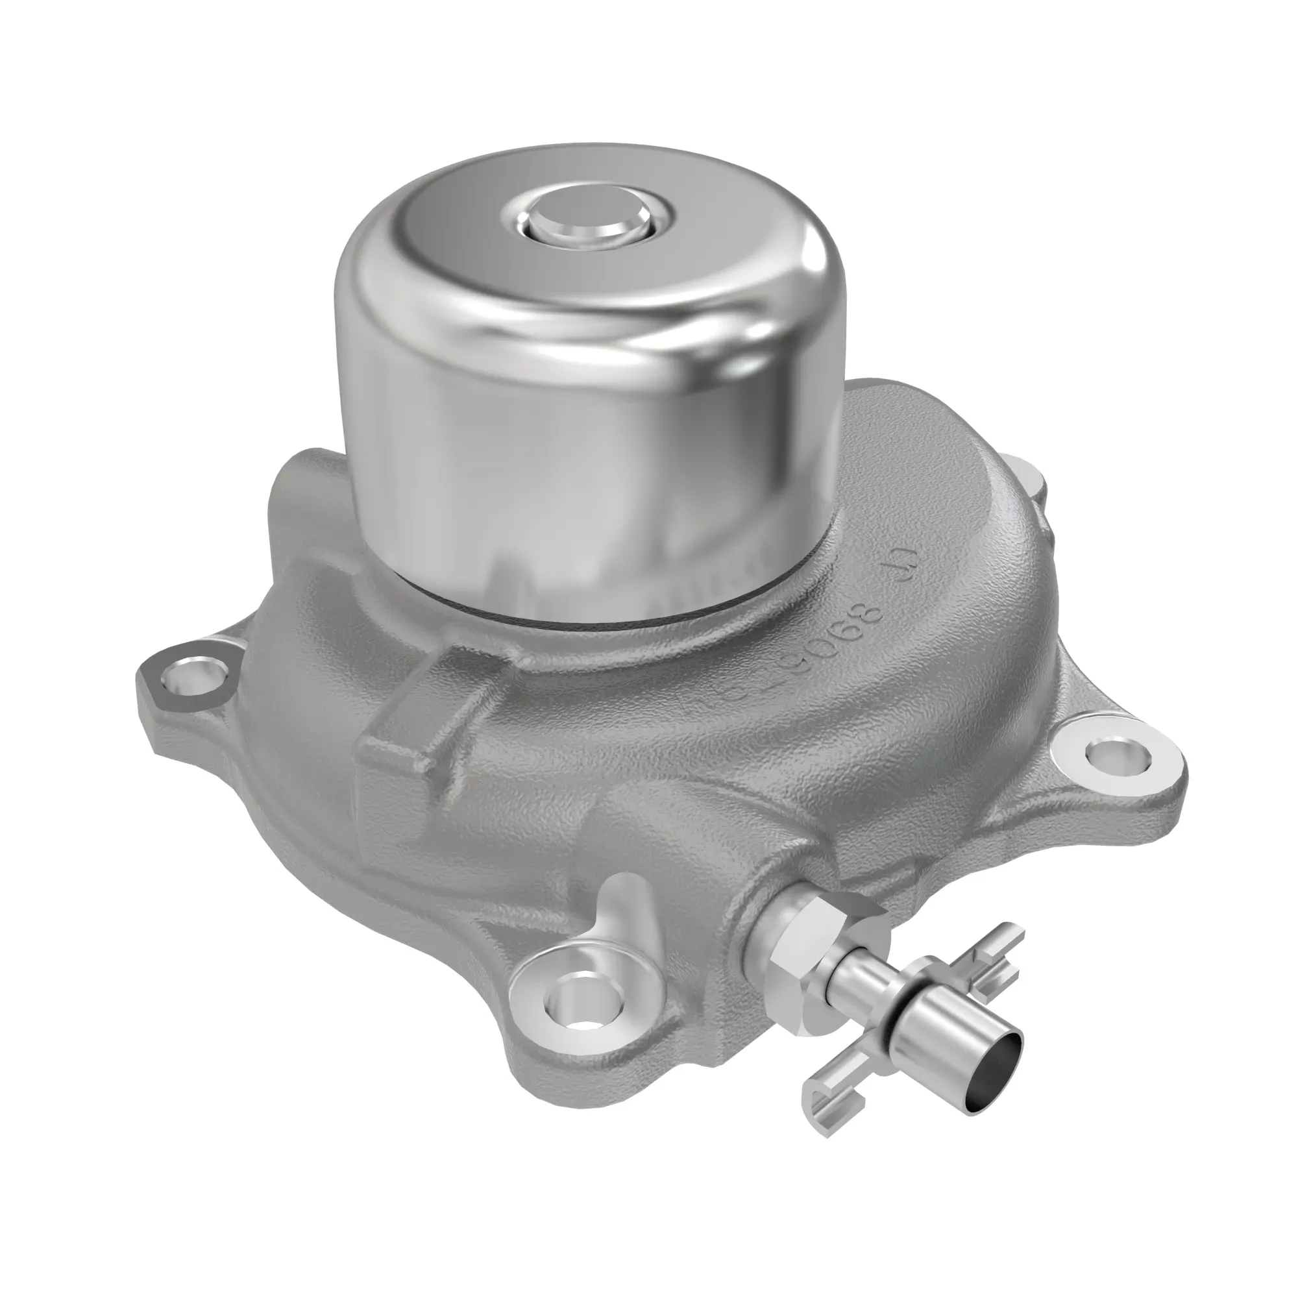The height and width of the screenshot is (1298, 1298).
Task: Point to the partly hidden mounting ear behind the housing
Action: (1028, 480)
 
